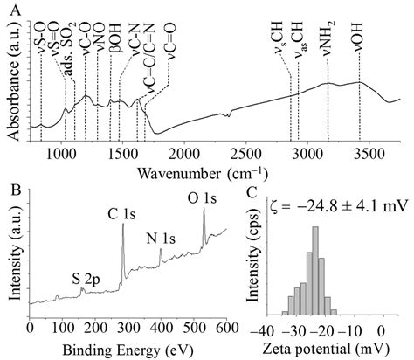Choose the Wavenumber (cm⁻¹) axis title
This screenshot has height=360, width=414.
coord(207,170)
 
